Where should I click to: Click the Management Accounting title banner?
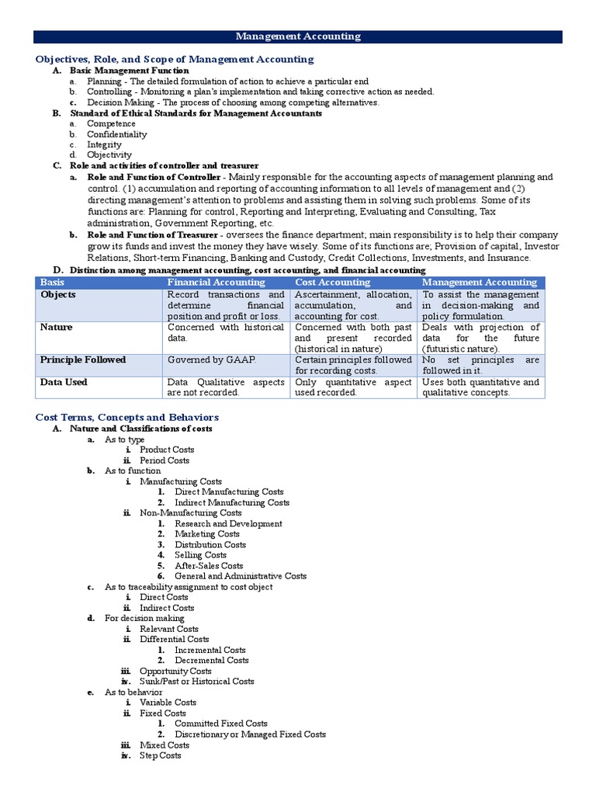click(298, 36)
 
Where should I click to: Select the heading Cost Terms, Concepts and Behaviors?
click(127, 417)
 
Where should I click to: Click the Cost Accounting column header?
click(333, 283)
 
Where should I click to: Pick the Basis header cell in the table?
click(53, 283)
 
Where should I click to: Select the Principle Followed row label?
click(83, 360)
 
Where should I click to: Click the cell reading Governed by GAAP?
click(201, 360)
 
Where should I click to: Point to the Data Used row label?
click(64, 382)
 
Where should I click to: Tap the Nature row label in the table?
click(57, 328)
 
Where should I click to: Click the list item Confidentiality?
click(116, 134)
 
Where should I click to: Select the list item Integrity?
click(104, 145)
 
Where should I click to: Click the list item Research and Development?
click(228, 524)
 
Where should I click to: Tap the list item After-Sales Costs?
click(209, 566)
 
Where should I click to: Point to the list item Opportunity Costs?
click(175, 671)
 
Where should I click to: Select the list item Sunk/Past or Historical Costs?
click(196, 682)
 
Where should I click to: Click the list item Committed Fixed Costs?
click(221, 724)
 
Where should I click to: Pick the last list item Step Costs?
click(161, 755)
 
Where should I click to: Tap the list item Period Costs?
click(165, 460)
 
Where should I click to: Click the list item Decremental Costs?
click(212, 661)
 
